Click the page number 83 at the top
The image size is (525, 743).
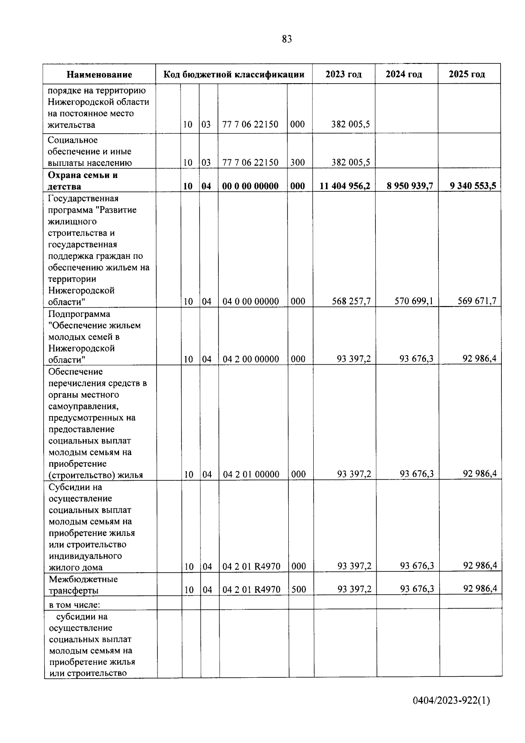tap(287, 39)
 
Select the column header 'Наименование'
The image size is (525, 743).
tap(99, 74)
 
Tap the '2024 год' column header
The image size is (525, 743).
tap(404, 74)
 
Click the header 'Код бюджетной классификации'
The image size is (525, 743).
tap(234, 74)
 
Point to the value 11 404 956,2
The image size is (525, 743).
tap(345, 186)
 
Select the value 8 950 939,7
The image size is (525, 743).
tap(409, 186)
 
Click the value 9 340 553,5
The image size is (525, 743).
tap(472, 186)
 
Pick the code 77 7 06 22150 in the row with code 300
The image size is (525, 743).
tap(250, 162)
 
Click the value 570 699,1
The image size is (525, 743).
tap(413, 301)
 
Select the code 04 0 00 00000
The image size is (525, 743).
tap(250, 301)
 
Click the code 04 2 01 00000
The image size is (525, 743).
tap(251, 474)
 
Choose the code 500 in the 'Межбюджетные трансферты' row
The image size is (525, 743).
tap(298, 589)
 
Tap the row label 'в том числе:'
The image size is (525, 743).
tap(74, 605)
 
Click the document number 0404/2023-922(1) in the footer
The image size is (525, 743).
tap(451, 701)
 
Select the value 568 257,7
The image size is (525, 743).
tap(351, 301)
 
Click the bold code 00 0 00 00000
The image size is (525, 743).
tap(250, 186)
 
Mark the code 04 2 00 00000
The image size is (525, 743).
tap(251, 359)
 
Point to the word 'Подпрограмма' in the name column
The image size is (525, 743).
tap(79, 314)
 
